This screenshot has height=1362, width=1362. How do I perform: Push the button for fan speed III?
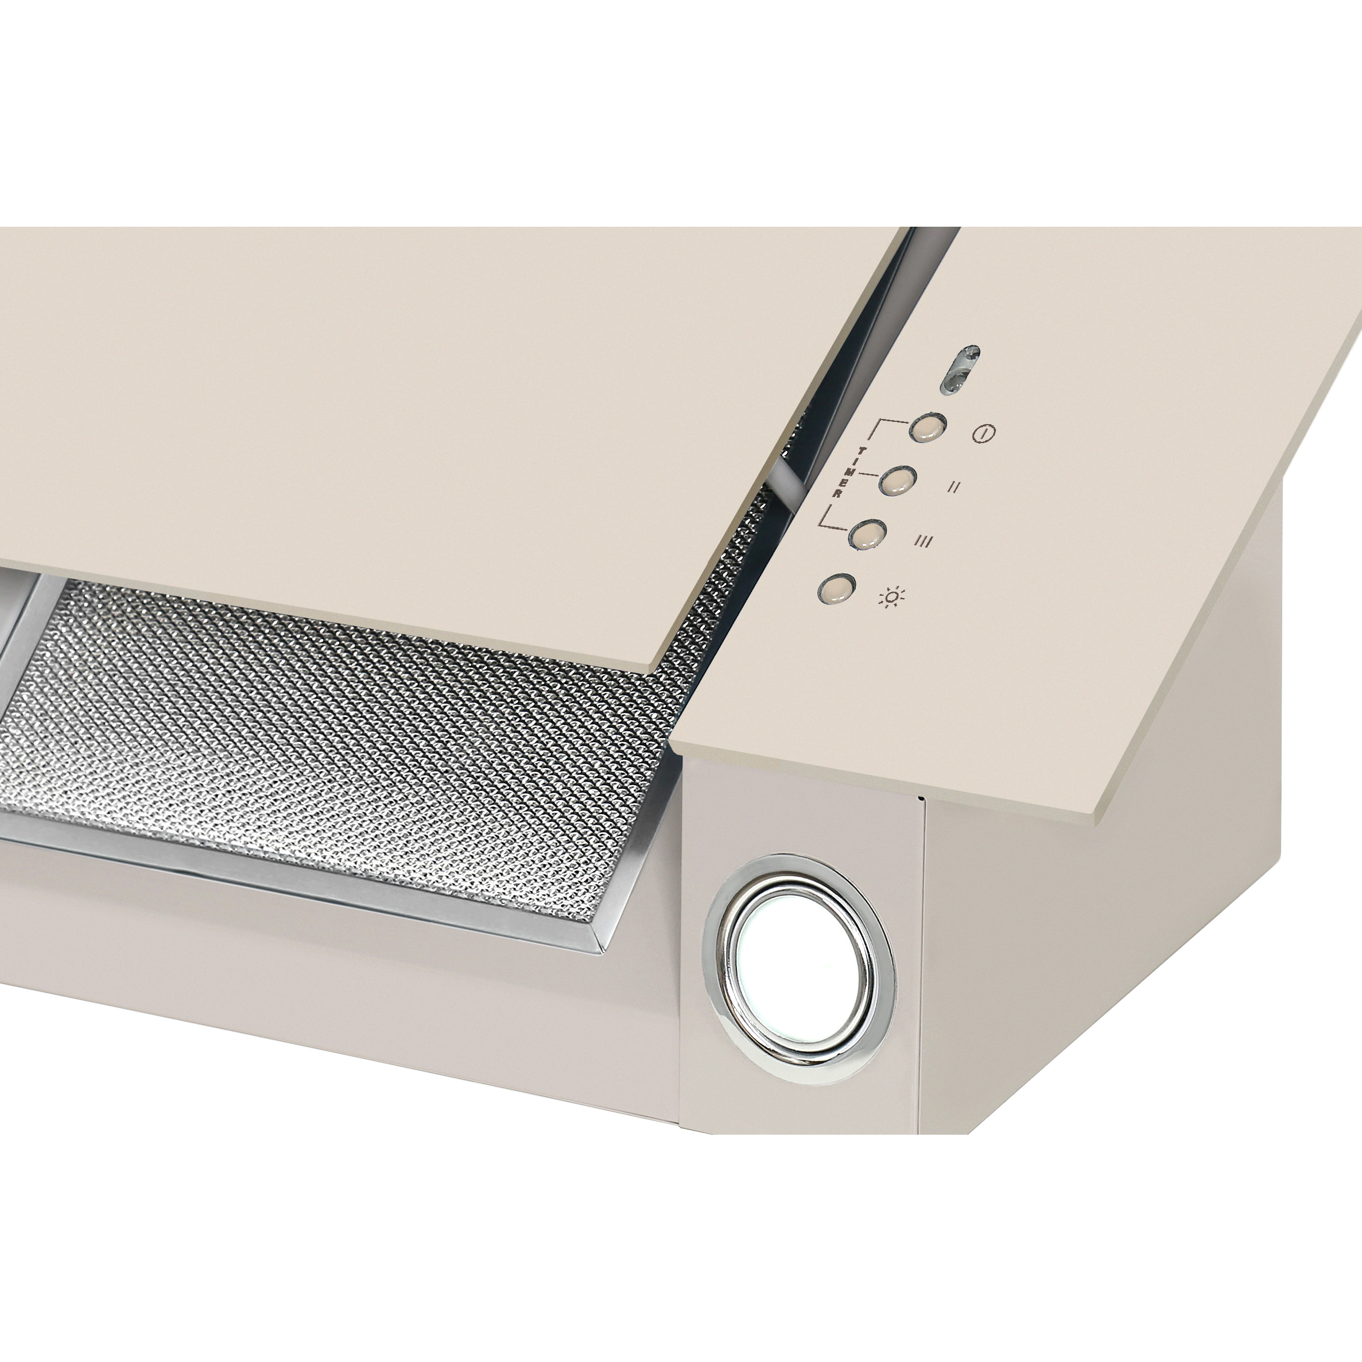click(868, 535)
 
